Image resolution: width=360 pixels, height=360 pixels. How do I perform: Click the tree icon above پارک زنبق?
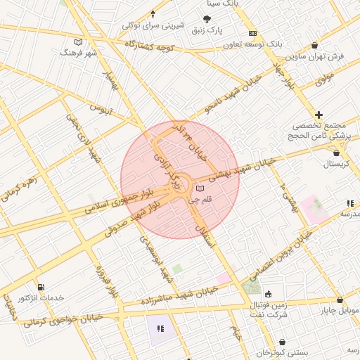pos(207,20)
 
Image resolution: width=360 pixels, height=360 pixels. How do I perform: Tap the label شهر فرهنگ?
pos(78,53)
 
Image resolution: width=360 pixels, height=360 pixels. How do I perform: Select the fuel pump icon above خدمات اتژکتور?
pos(40,287)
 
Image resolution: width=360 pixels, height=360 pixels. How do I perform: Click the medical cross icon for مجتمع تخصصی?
pos(319,114)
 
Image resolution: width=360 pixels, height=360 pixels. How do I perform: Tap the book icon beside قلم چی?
pos(200,189)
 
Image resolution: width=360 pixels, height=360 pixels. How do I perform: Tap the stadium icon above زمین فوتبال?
pos(267,295)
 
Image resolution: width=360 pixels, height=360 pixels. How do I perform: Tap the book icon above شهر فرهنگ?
pos(78,41)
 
